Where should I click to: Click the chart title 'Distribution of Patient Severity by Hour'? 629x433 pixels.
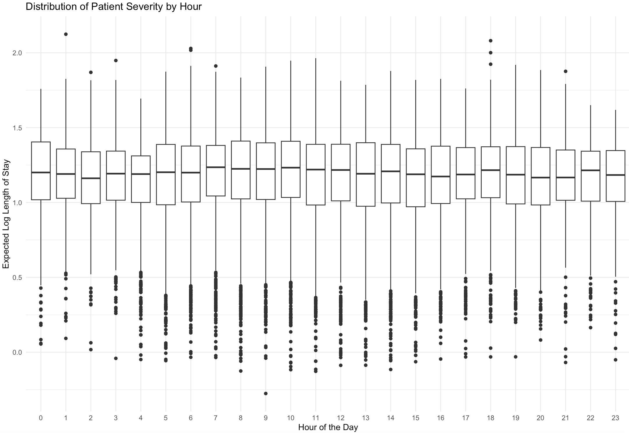point(114,6)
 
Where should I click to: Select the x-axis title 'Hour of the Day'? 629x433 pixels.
point(328,427)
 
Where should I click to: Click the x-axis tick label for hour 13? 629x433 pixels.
point(365,418)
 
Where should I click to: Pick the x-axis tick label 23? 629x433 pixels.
point(615,418)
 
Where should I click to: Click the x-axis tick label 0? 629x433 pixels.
point(41,418)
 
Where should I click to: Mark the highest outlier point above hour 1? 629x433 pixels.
point(66,34)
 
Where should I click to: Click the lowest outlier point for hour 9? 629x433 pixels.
point(266,393)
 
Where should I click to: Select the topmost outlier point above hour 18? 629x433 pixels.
point(490,41)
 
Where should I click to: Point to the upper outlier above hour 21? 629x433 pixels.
point(566,71)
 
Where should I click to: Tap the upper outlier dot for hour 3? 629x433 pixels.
point(116,61)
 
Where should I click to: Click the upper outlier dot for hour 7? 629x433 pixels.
point(216,66)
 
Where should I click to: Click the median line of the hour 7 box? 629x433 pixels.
point(216,167)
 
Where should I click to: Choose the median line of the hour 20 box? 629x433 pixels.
point(540,178)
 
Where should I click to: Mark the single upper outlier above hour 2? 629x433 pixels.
point(91,72)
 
